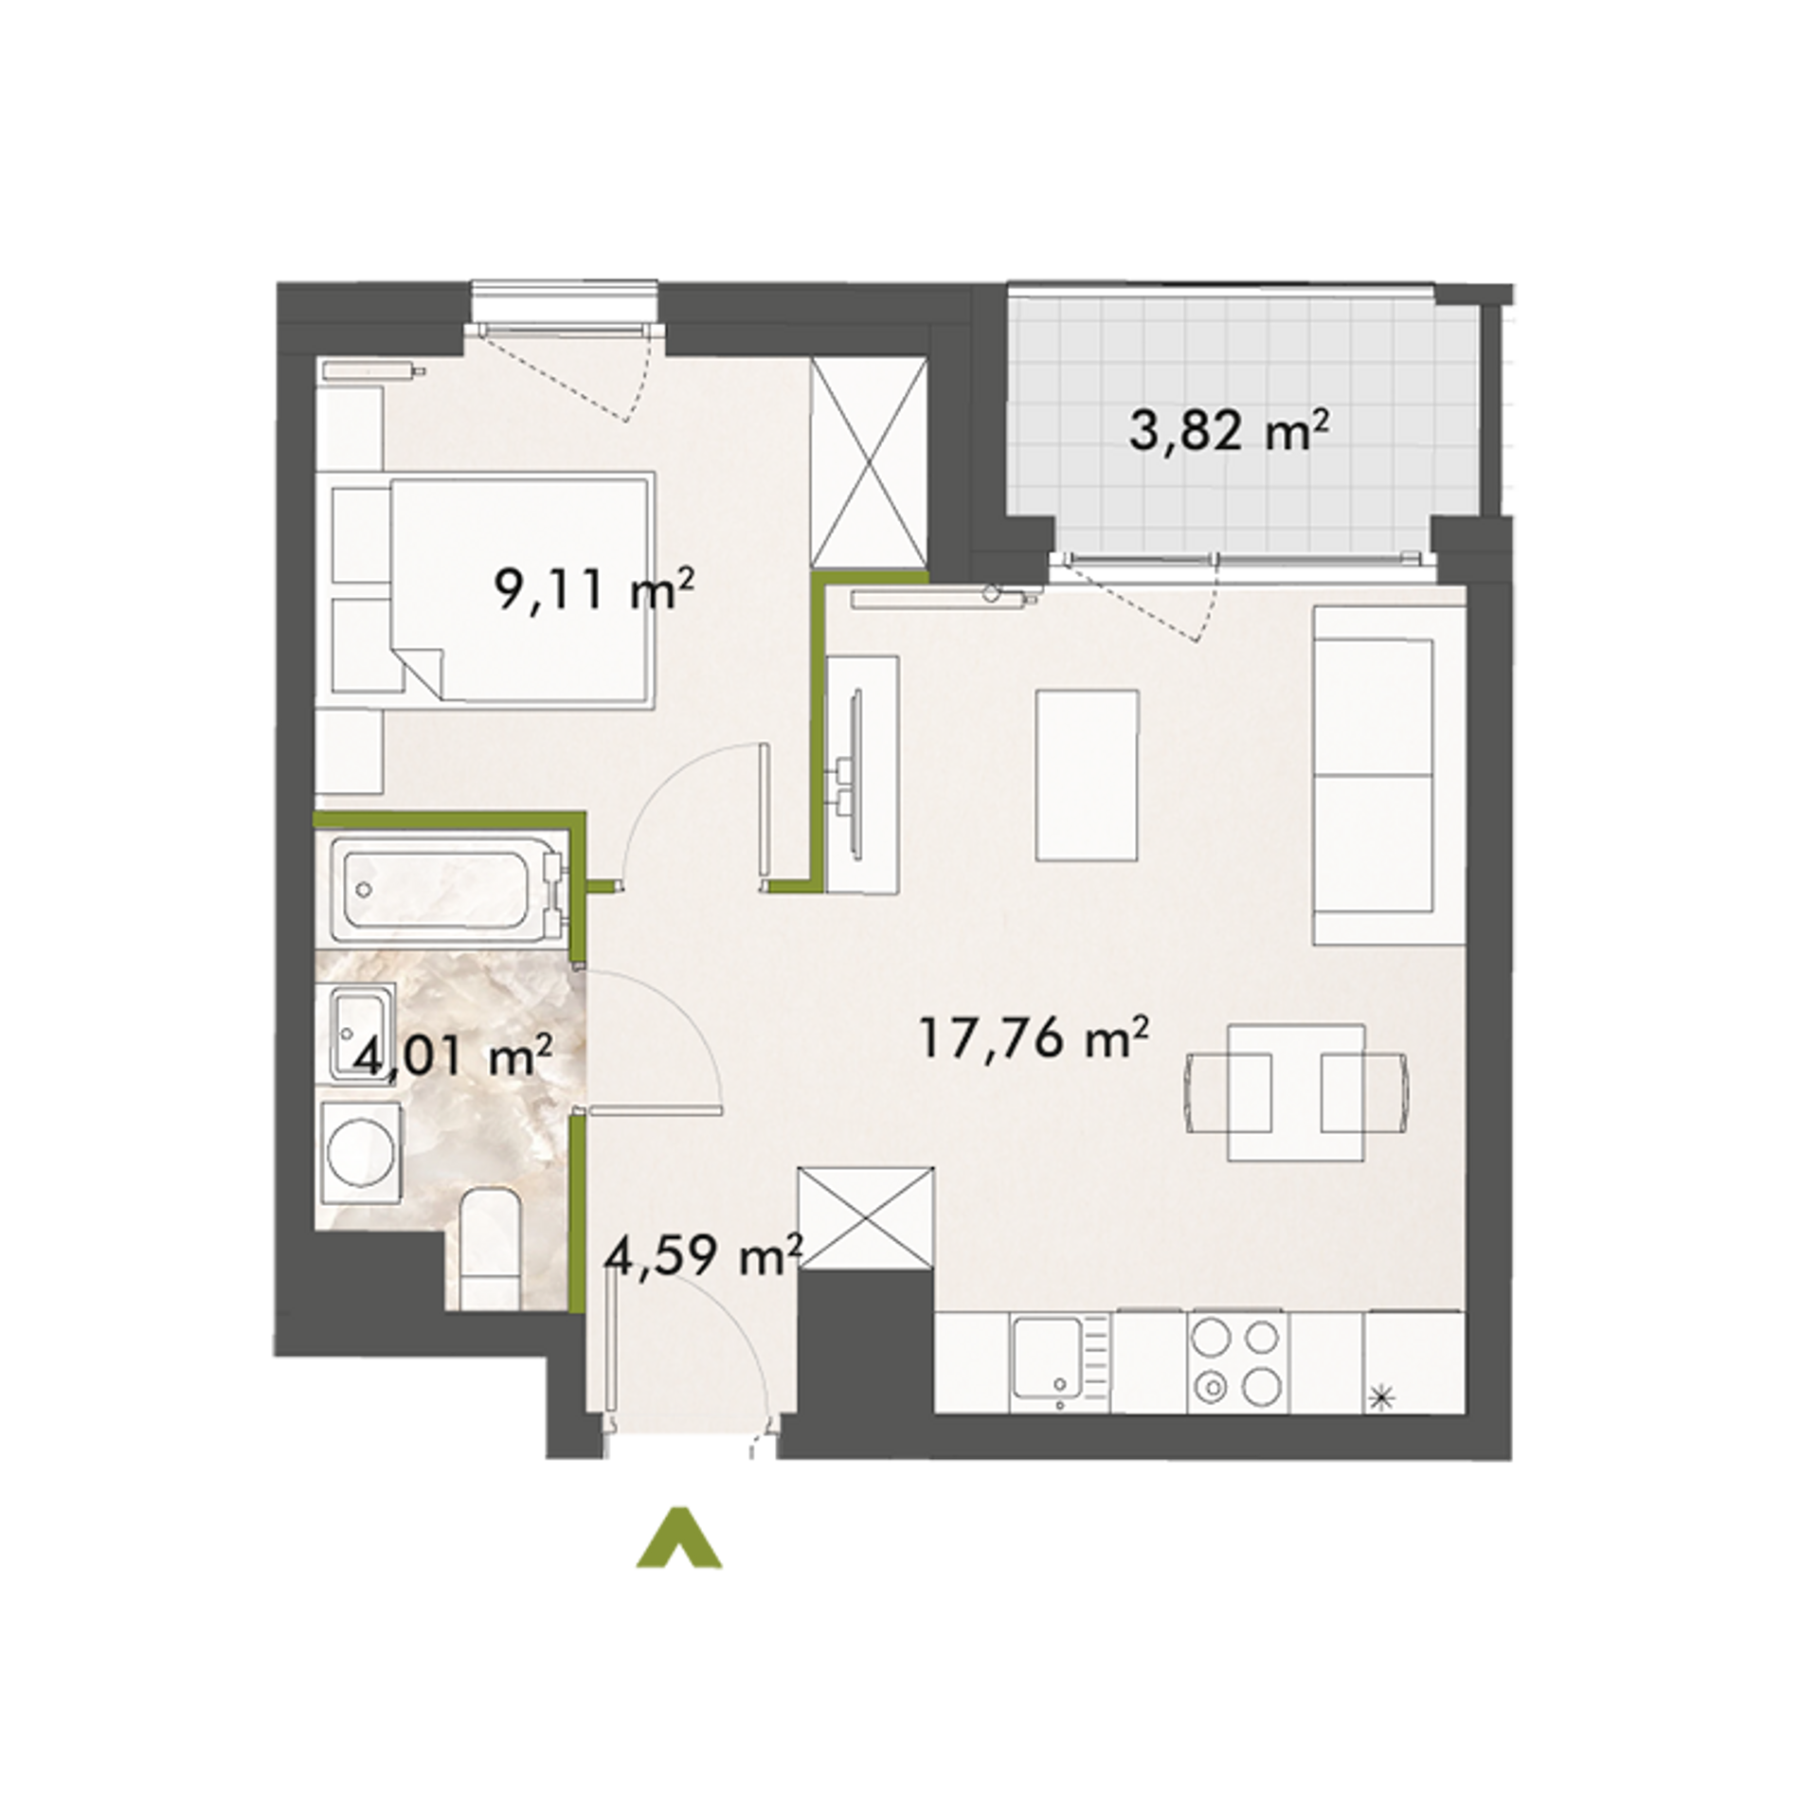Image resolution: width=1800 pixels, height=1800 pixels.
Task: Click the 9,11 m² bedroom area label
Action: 594,592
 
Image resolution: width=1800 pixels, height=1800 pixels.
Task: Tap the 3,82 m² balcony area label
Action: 1229,433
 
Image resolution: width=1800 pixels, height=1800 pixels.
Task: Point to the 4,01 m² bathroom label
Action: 452,1054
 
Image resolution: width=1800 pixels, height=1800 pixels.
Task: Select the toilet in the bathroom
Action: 489,1251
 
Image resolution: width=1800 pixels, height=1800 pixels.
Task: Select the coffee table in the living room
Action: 1088,775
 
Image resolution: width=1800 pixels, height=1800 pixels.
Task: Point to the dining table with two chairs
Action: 1297,1092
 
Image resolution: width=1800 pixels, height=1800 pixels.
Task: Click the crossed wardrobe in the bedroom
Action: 869,464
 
